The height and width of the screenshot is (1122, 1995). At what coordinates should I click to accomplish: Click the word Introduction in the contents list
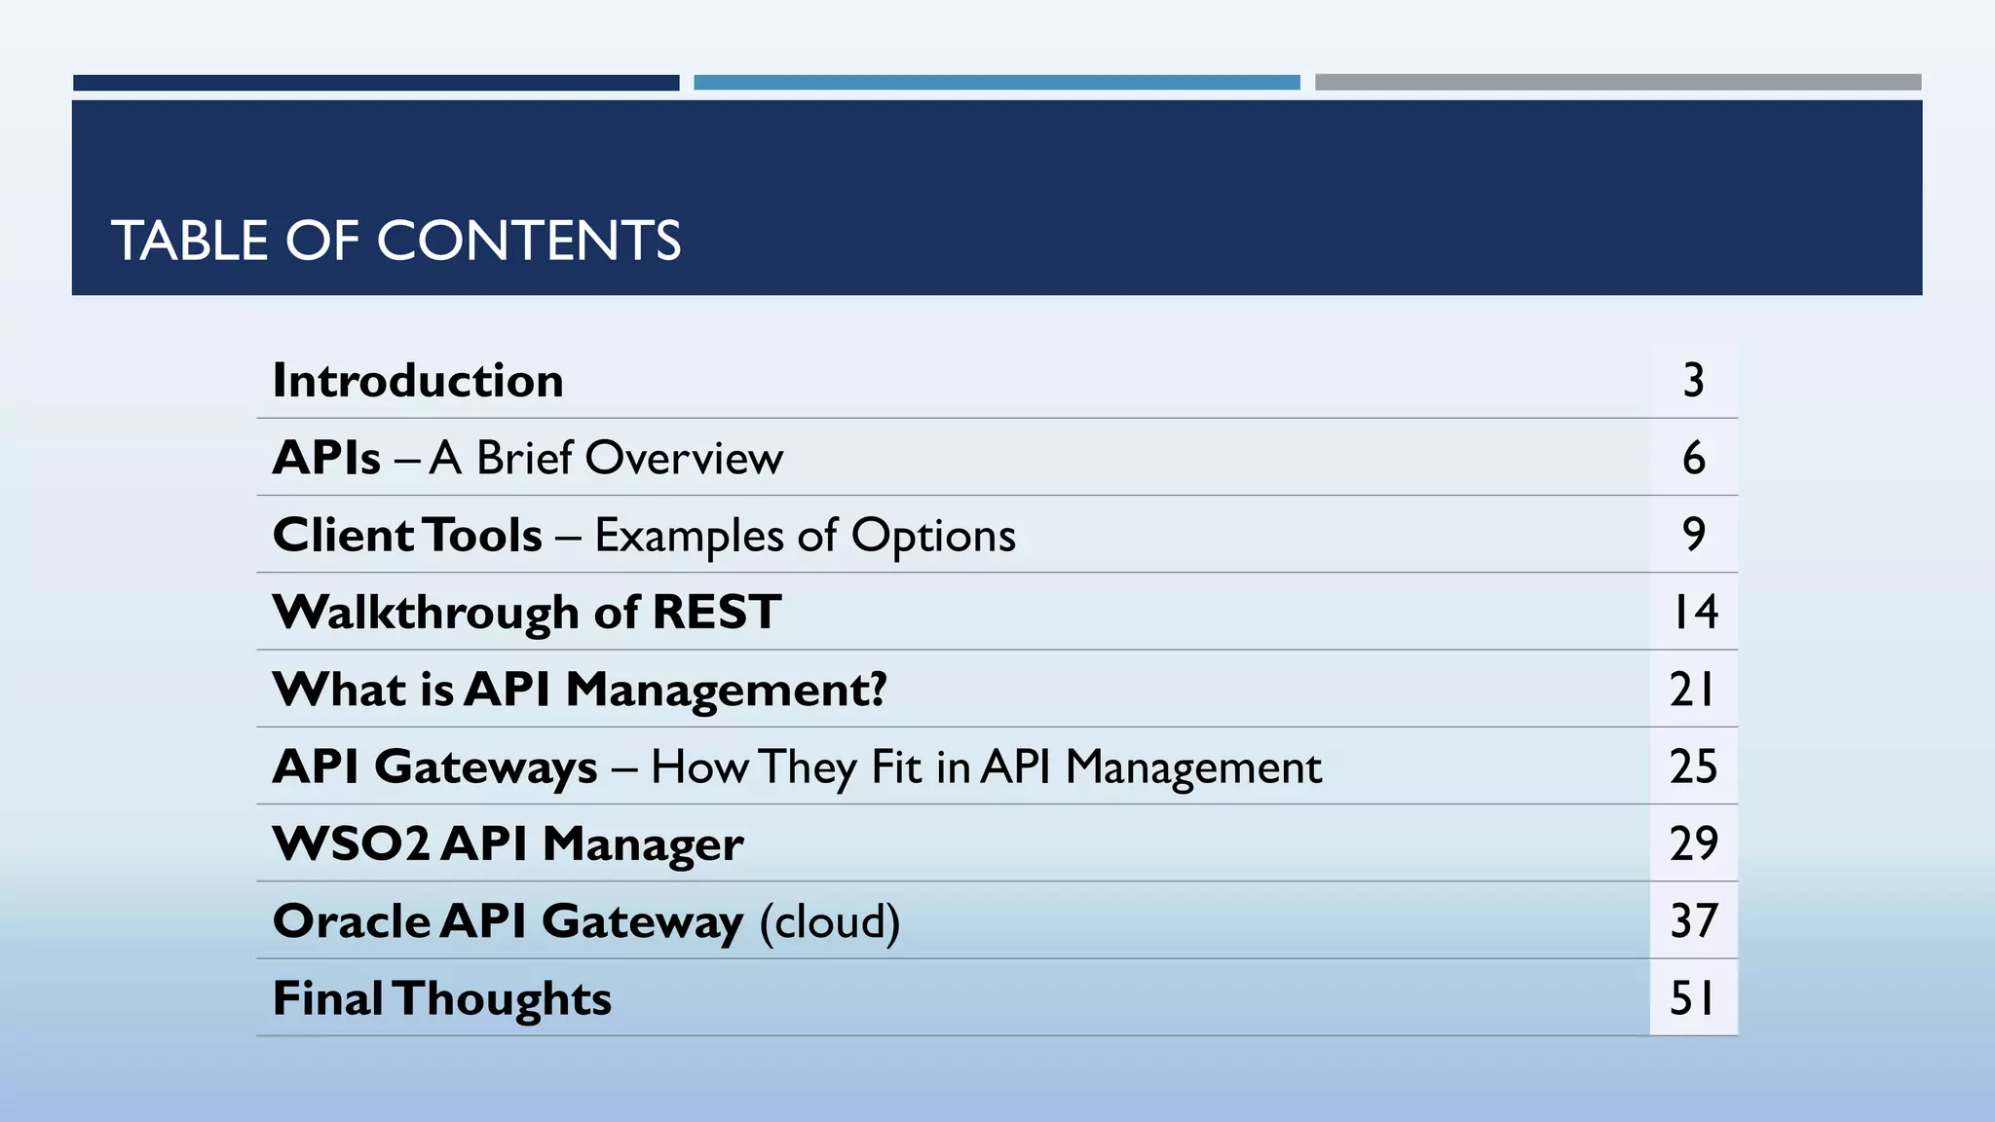point(418,381)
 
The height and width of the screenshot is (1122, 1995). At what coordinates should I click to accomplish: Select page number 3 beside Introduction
point(1693,381)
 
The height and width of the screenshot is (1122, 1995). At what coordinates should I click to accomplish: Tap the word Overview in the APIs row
point(684,458)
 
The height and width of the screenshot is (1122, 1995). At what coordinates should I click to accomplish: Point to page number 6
point(1693,458)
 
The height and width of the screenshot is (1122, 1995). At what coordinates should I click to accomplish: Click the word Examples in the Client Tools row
point(689,536)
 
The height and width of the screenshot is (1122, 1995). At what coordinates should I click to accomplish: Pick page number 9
point(1693,535)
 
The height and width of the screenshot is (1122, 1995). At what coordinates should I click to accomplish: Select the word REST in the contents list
point(716,613)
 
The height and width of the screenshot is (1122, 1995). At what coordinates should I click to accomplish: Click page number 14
point(1694,613)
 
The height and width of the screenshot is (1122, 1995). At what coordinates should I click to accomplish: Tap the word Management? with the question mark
point(726,691)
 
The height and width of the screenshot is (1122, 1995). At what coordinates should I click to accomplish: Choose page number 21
point(1693,690)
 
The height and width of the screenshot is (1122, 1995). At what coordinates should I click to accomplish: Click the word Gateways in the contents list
point(485,767)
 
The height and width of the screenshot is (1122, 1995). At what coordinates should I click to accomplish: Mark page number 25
point(1693,767)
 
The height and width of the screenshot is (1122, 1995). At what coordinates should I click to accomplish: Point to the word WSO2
point(351,843)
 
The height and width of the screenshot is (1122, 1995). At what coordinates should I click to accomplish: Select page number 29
point(1693,843)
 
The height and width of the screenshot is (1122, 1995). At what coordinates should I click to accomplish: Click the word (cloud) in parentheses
point(830,921)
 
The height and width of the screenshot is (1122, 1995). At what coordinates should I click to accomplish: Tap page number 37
point(1693,921)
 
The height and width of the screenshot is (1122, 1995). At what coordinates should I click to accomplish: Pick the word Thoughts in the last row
point(503,999)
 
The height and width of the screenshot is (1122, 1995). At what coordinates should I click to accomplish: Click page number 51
point(1693,998)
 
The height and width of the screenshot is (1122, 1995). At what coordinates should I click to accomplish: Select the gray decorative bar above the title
point(1617,83)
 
